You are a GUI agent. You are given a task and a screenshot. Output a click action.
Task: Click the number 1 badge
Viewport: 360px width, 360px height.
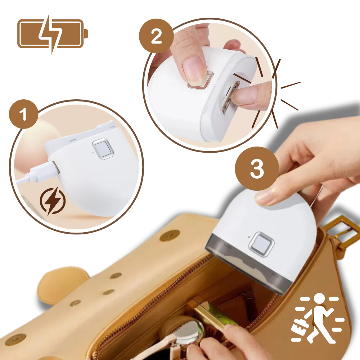click(23, 114)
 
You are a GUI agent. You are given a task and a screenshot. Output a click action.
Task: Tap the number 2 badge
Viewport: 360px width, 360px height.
click(156, 36)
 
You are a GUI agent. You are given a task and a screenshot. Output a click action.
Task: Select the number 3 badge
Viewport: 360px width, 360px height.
click(256, 169)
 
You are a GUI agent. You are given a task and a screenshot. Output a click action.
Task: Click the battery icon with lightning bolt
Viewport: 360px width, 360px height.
click(52, 33)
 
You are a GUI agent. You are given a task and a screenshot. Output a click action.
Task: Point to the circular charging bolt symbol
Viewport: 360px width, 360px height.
click(53, 201)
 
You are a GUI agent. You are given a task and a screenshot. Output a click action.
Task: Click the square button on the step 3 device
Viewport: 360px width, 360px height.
click(261, 244)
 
